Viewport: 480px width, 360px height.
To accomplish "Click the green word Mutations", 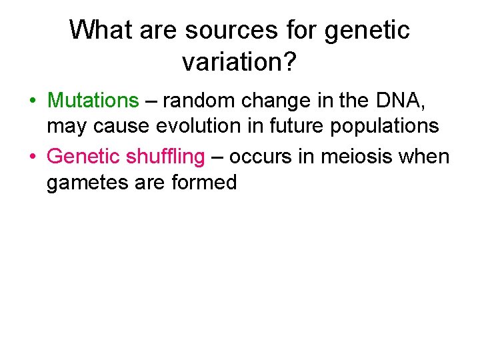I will click(93, 101).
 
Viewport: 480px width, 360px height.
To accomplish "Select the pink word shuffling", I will click(163, 156).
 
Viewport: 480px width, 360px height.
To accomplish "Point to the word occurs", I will click(261, 156).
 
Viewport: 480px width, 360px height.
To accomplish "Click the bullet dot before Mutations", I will click(33, 101).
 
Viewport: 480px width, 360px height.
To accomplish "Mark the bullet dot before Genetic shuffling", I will click(33, 157).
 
